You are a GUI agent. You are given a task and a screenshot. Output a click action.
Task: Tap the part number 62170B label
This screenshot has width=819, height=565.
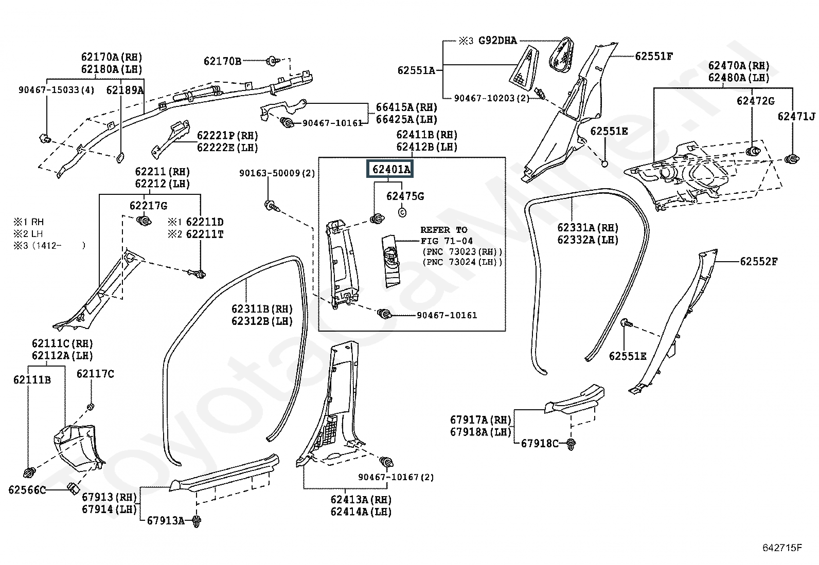tap(222, 61)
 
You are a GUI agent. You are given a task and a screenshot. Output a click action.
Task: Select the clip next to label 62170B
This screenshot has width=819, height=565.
tap(273, 61)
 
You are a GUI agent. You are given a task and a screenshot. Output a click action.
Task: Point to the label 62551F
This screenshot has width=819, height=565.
tap(654, 56)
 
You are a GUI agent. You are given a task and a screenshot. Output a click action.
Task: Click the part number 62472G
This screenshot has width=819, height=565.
tap(755, 101)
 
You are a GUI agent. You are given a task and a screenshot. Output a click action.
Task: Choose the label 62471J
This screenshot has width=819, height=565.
tap(796, 116)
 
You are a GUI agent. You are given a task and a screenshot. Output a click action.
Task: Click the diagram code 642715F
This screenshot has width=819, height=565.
tap(782, 548)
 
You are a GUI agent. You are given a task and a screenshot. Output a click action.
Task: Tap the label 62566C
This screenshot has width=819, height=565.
tap(27, 490)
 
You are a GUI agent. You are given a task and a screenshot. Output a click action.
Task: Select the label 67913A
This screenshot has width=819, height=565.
tap(166, 520)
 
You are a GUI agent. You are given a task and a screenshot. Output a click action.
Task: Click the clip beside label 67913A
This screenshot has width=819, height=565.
tap(197, 521)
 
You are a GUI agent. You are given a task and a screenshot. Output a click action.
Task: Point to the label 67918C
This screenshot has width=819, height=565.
tap(540, 443)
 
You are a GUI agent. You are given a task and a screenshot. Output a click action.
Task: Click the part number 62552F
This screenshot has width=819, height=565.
tap(759, 261)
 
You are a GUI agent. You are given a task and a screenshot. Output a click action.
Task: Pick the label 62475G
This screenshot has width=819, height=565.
tap(405, 196)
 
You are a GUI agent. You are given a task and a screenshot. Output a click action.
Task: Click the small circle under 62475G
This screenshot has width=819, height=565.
tap(402, 212)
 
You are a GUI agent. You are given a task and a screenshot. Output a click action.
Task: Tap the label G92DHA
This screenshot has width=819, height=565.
tap(497, 40)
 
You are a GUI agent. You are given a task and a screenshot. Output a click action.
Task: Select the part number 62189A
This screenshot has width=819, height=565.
tap(124, 90)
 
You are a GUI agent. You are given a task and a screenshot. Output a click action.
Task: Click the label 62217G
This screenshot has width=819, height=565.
tap(149, 206)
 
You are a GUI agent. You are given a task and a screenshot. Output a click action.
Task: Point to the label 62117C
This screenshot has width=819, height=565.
tap(95, 374)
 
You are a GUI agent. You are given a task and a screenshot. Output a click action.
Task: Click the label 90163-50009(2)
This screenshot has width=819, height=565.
tap(277, 173)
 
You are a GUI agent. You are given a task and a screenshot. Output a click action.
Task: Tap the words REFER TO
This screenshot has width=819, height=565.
tap(444, 230)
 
